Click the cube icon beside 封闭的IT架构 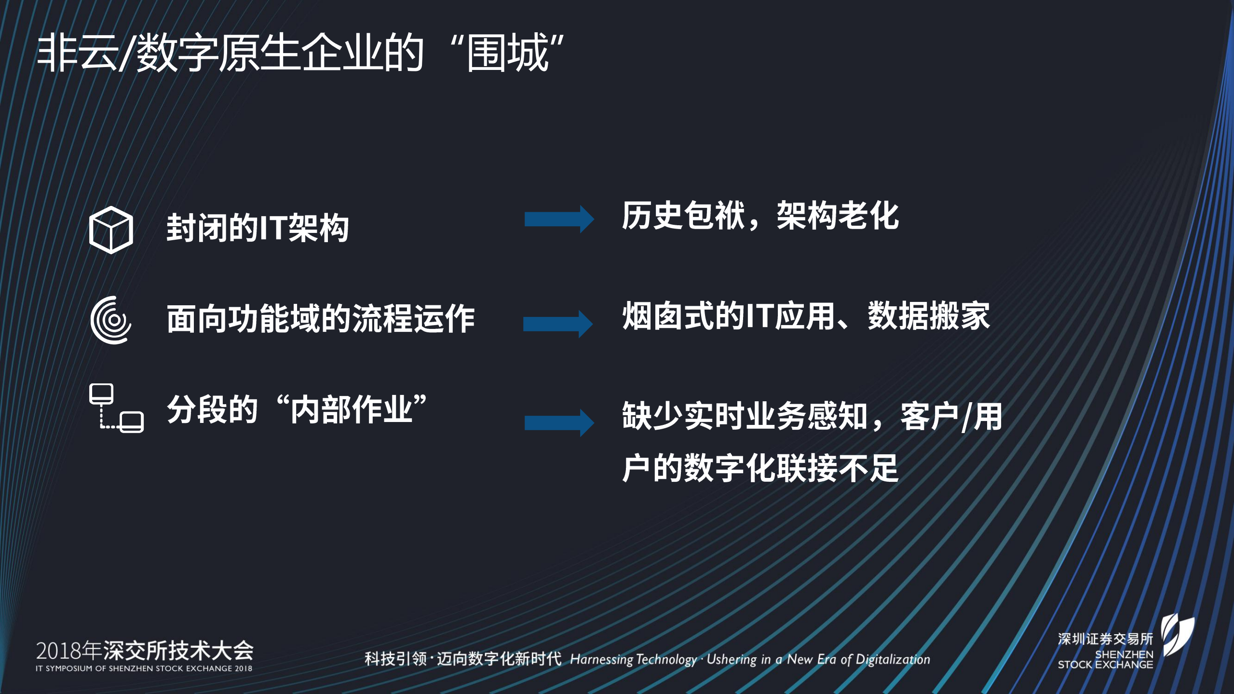[x=111, y=230]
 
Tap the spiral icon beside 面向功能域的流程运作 [x=111, y=320]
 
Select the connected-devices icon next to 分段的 [x=116, y=408]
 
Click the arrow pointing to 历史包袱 [x=559, y=219]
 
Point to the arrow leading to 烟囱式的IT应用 [x=558, y=324]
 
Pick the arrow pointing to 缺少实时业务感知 [x=559, y=422]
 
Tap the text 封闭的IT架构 [x=258, y=228]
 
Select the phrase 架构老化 [x=838, y=216]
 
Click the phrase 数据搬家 [x=929, y=316]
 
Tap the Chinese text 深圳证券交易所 [x=1105, y=639]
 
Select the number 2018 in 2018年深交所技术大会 [x=58, y=651]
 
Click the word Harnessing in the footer [x=601, y=659]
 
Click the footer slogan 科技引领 [x=395, y=659]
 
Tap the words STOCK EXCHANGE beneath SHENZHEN [x=1105, y=665]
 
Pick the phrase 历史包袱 [x=683, y=216]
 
